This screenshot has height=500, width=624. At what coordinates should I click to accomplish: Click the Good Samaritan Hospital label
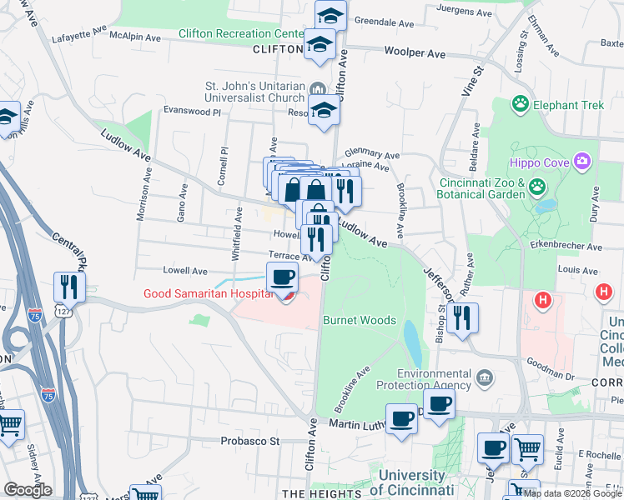[209, 293]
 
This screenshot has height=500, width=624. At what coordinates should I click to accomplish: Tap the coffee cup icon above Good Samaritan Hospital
[283, 277]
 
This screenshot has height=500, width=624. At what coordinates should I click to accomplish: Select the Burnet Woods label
[359, 320]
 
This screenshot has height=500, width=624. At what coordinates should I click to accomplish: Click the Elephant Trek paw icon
[521, 104]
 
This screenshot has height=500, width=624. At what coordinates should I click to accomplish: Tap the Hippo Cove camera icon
[582, 160]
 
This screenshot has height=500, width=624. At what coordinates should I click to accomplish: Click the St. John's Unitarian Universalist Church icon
[317, 89]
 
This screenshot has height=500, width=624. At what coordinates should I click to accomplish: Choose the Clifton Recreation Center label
[241, 34]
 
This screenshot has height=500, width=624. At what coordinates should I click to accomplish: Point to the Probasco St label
[248, 440]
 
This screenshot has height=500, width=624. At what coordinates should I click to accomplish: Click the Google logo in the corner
[28, 490]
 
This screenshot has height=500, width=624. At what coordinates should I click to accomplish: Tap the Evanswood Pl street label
[191, 111]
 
